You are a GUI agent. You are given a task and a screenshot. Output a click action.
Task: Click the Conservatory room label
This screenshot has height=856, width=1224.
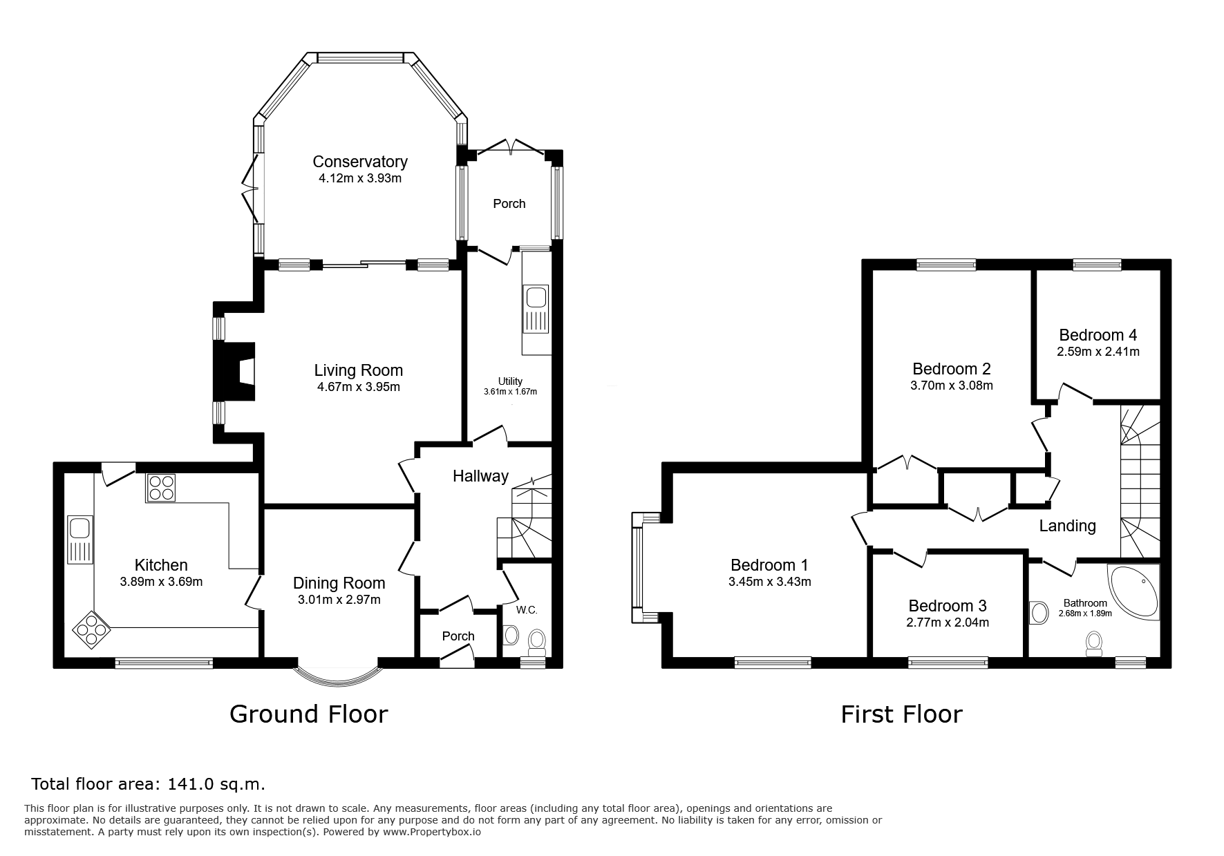click(360, 162)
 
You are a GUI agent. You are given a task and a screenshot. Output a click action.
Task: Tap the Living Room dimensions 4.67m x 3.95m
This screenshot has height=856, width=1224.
click(359, 387)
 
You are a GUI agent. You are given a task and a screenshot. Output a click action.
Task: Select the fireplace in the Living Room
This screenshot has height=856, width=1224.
click(235, 372)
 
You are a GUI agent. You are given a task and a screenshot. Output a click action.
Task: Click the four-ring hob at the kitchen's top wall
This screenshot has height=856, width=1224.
click(160, 488)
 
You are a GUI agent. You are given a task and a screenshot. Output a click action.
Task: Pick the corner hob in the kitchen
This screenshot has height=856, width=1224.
click(92, 629)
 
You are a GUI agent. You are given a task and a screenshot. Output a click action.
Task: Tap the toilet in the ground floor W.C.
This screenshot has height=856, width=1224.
click(537, 642)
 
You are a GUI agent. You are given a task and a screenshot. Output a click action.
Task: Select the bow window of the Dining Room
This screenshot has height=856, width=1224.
click(337, 676)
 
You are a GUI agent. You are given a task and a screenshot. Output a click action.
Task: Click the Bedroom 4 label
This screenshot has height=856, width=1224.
click(1098, 335)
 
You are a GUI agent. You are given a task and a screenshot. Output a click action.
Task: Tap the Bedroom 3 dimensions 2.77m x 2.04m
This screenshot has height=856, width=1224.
click(948, 622)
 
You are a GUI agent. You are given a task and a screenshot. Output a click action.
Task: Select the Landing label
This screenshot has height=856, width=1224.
click(1068, 526)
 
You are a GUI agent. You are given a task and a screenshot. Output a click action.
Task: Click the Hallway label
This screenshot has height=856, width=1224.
click(480, 476)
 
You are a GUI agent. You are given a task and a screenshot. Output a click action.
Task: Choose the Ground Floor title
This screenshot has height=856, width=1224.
click(308, 714)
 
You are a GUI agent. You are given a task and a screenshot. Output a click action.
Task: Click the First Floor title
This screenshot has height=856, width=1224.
click(901, 714)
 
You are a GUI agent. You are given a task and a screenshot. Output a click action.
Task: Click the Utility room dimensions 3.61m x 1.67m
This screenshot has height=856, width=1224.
click(510, 392)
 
